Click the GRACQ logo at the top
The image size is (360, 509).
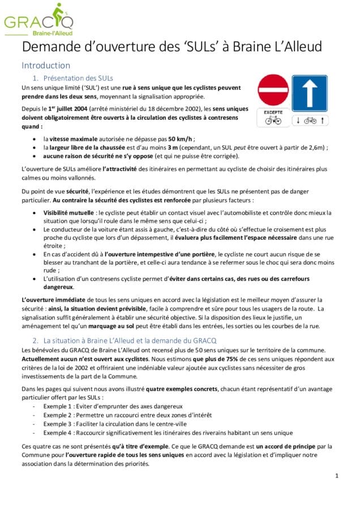[38, 20]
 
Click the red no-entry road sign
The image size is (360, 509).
[273, 90]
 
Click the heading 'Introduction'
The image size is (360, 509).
[46, 65]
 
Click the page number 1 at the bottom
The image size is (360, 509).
[336, 476]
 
